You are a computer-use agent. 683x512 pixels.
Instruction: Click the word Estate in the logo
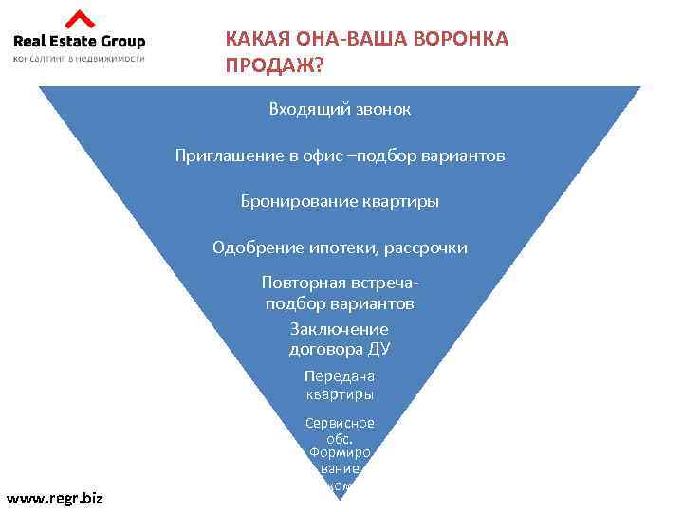tap(79, 41)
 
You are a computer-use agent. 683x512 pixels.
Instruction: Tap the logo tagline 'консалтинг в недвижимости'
tap(79, 58)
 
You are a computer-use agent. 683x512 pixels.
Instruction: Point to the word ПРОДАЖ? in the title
tap(273, 65)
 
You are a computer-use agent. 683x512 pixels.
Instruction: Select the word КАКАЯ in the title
tap(253, 39)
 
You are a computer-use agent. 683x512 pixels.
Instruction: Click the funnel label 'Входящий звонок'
tap(340, 109)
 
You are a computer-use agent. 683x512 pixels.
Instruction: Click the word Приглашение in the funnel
tap(230, 155)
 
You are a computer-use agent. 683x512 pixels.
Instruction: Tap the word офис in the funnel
tap(326, 155)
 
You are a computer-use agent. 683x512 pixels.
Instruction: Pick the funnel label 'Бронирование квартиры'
tap(340, 201)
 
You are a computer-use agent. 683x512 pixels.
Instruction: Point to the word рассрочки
tap(426, 247)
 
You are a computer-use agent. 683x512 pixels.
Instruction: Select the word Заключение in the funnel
tap(340, 329)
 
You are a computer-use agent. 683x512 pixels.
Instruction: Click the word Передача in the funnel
tap(340, 375)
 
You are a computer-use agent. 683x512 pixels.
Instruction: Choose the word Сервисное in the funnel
tap(340, 423)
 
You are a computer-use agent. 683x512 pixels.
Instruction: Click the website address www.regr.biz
tap(55, 498)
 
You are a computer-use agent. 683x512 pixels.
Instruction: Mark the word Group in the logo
tap(124, 41)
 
